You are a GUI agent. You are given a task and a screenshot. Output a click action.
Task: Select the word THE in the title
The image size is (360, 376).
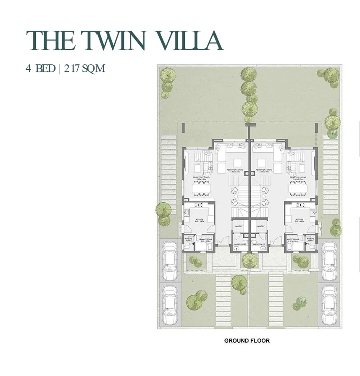51,41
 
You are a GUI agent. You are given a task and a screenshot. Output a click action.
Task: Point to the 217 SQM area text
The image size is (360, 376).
84,68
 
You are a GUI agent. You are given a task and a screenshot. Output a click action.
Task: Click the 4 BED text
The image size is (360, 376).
40,68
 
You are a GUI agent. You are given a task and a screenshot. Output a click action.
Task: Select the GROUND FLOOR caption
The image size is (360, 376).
247,341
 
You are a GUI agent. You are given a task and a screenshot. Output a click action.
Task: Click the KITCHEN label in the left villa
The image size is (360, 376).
200,219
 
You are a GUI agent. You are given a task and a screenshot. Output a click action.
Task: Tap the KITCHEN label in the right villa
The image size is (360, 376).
300,219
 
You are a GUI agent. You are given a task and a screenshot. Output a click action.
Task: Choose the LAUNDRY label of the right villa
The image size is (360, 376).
260,227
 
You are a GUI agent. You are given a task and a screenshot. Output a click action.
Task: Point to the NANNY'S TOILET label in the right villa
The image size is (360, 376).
311,239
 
